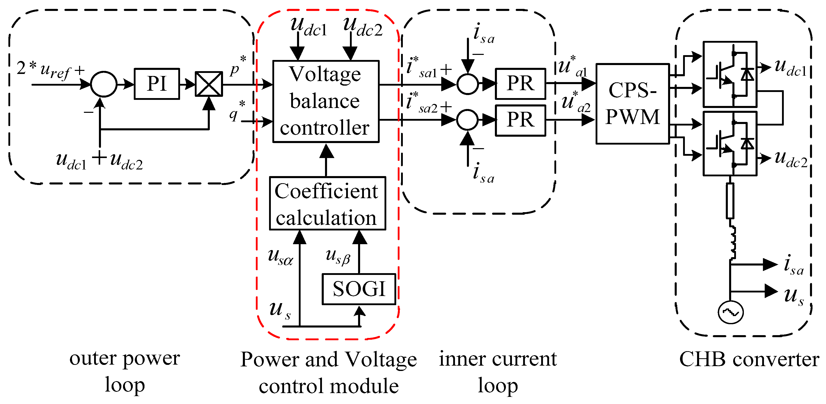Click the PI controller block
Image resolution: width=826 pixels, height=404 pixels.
[156, 84]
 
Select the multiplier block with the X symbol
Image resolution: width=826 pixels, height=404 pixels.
[209, 84]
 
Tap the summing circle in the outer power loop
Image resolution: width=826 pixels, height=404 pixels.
[104, 84]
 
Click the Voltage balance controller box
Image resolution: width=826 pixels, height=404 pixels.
[326, 101]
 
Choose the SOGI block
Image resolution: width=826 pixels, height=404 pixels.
[359, 289]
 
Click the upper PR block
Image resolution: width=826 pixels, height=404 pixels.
[520, 84]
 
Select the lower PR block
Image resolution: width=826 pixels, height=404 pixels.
[520, 120]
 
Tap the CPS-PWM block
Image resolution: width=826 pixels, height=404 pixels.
[632, 103]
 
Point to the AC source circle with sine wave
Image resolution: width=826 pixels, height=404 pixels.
[730, 312]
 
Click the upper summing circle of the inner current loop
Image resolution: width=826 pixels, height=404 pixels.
[467, 84]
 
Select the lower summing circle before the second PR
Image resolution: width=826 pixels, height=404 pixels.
[467, 120]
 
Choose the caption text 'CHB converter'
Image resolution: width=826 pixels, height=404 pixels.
[749, 360]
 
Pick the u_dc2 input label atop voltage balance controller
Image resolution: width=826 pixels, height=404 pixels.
[362, 27]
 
